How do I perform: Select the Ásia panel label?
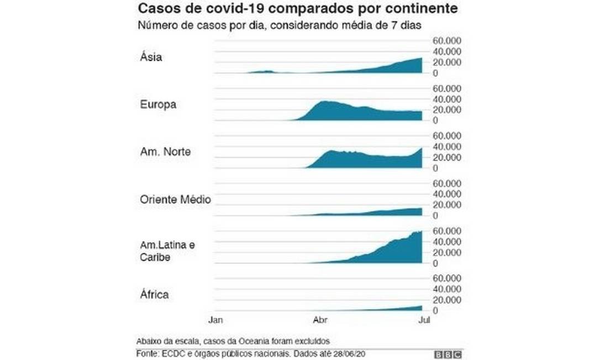[150, 56]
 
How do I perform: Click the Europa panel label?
[157, 104]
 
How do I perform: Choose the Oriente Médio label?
[174, 200]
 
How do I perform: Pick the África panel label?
[154, 295]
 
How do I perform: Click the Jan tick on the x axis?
[214, 320]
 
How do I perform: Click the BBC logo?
[448, 353]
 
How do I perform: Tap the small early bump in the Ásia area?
[267, 71]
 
